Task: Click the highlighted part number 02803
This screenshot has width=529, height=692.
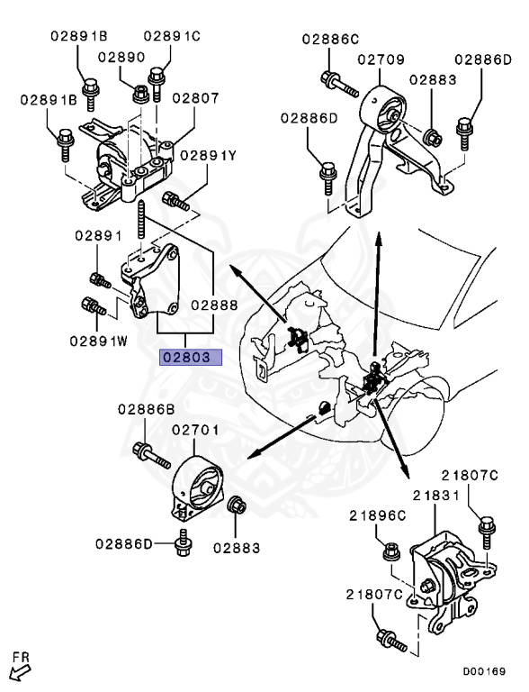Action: [x=189, y=357]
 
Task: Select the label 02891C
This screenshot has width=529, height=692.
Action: [x=171, y=36]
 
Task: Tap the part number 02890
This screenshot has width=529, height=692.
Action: [x=121, y=57]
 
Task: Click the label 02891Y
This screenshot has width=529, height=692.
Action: [x=208, y=155]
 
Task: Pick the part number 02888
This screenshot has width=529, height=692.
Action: [x=213, y=305]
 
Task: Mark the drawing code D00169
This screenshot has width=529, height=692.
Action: [x=484, y=671]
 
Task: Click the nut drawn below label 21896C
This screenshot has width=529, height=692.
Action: [x=392, y=550]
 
